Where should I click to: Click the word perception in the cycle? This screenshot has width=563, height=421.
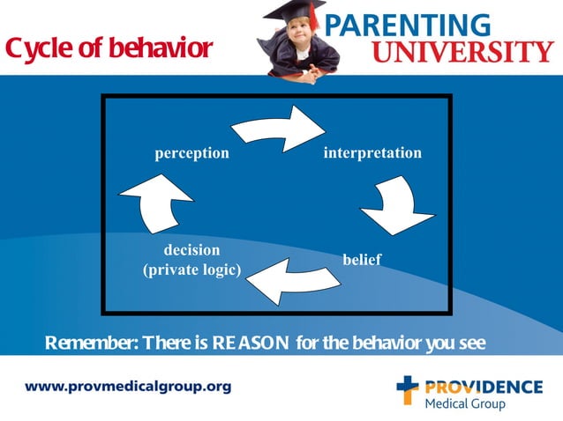(x=191, y=153)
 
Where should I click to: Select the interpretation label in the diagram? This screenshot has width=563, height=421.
(x=372, y=153)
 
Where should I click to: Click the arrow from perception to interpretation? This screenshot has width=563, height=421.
(x=278, y=127)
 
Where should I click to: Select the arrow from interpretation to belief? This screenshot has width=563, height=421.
(x=397, y=206)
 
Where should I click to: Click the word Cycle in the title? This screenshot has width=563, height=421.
(x=36, y=49)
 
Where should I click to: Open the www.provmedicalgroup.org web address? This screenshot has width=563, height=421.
(x=128, y=387)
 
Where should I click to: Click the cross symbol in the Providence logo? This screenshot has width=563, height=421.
(x=407, y=389)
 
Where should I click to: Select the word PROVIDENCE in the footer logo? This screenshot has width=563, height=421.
(x=484, y=386)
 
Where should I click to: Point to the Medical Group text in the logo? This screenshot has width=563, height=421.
(x=465, y=403)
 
